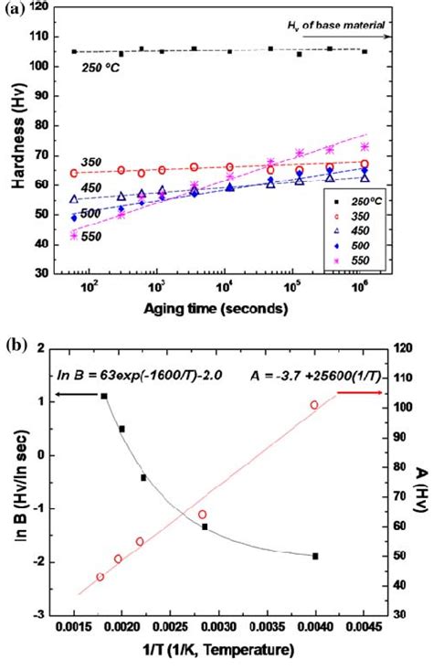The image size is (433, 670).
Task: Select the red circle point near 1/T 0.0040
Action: tap(314, 405)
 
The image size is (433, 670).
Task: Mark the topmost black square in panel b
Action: tap(104, 396)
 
